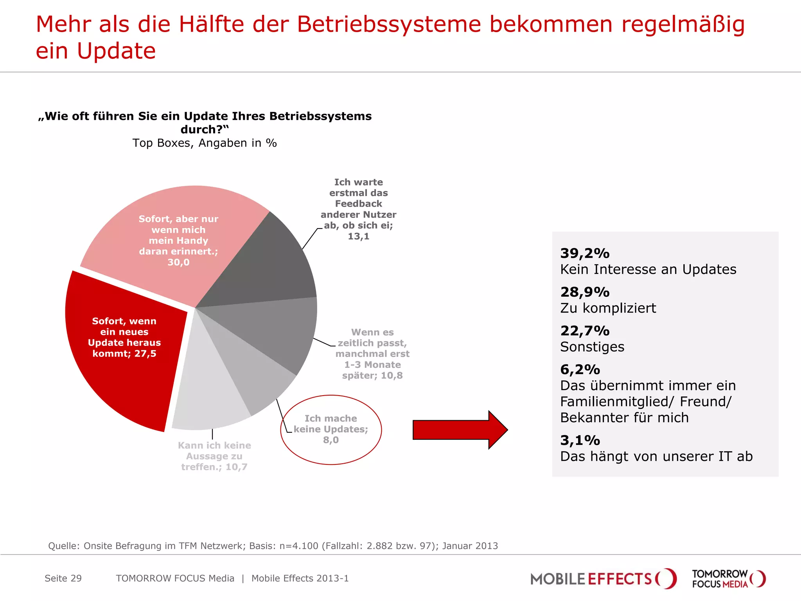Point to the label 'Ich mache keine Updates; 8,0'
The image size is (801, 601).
tap(331, 429)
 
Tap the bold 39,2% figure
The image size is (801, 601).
tap(585, 253)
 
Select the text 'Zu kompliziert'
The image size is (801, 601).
tap(608, 308)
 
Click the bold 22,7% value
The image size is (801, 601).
tap(585, 331)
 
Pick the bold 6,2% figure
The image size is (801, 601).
tap(580, 369)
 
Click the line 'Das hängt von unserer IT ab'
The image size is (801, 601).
tap(656, 456)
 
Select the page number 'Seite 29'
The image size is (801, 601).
tap(63, 578)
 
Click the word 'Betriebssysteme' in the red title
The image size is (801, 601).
tap(389, 24)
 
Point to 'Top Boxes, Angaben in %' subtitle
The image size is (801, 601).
tap(205, 143)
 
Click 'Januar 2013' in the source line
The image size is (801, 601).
tap(470, 546)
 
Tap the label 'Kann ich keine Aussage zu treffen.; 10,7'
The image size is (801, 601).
tap(214, 456)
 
